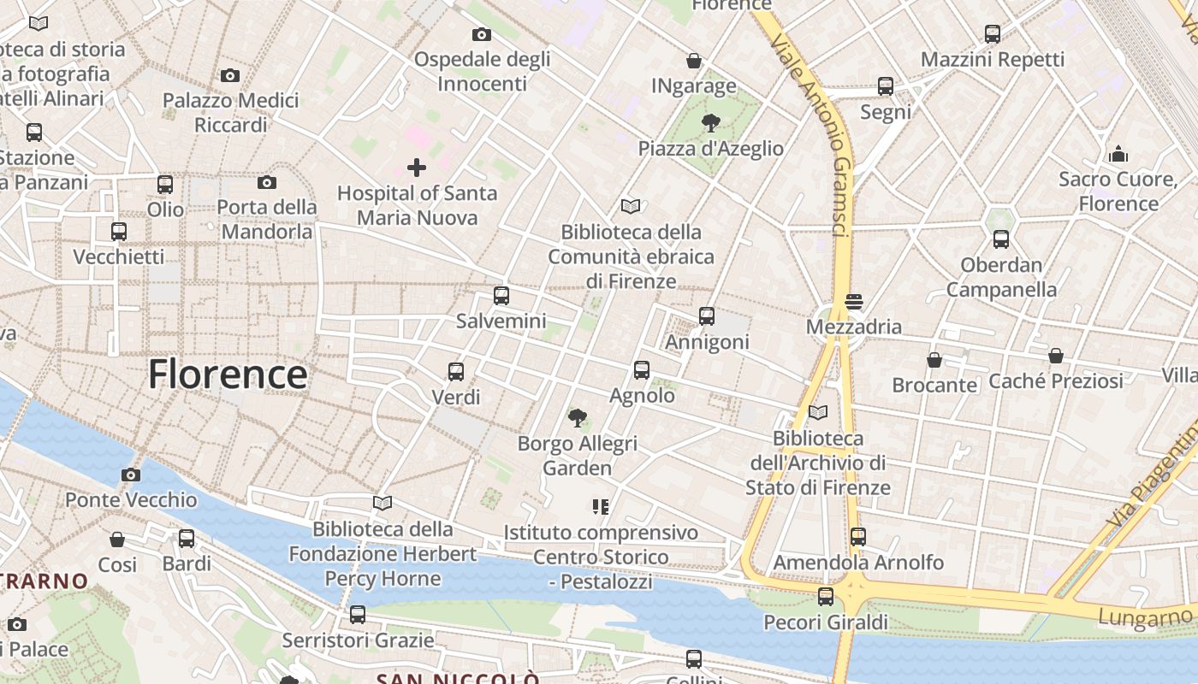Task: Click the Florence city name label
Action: point(228,374)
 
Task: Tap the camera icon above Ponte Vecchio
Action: point(131,475)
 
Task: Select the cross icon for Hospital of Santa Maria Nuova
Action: point(417,167)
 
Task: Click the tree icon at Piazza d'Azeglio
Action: point(710,123)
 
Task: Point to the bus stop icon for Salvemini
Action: point(501,296)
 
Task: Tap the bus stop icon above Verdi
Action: point(456,372)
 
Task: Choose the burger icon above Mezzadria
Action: point(853,302)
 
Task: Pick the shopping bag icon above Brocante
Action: point(934,360)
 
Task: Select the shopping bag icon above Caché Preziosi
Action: point(1056,356)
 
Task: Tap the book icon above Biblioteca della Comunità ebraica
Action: point(631,206)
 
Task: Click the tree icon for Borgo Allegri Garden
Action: point(578,418)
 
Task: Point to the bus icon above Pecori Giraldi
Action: point(826,597)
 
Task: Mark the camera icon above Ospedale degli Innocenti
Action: point(482,34)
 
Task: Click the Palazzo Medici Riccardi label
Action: point(231,113)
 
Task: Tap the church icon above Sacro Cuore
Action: point(1118,154)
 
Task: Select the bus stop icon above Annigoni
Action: point(707,316)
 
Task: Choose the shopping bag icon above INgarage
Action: point(694,61)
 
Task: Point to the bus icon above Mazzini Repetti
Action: point(993,34)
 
